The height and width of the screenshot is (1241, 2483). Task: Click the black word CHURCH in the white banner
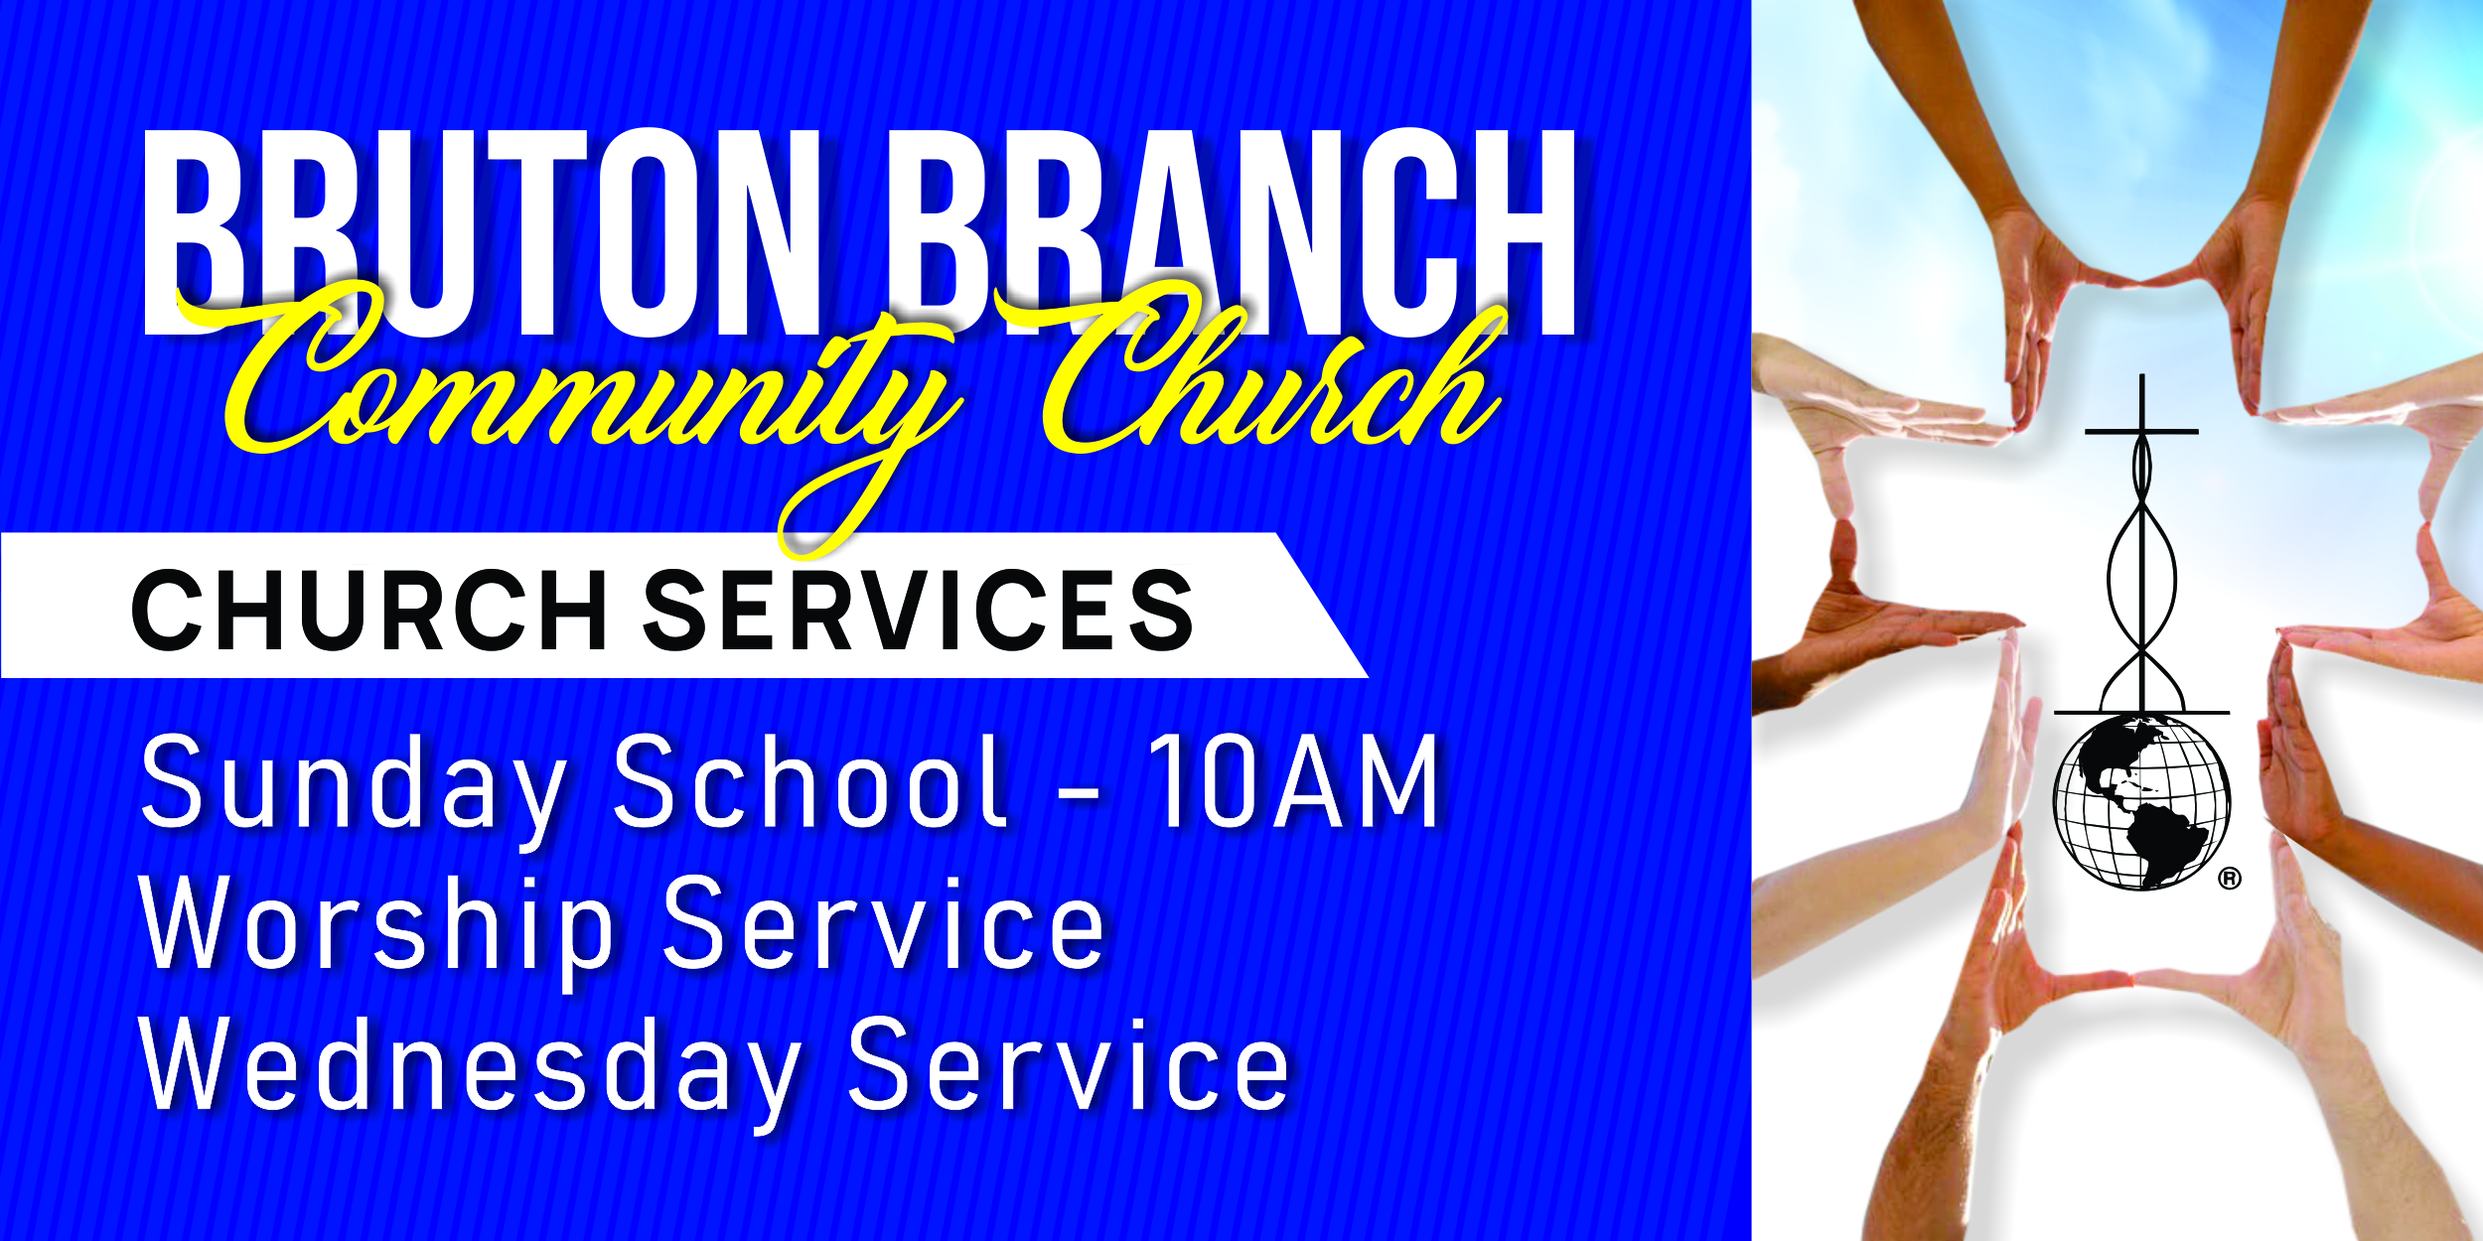pos(369,611)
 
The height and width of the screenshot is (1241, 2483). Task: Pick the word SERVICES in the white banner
pos(919,611)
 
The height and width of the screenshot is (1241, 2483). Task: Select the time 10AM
pos(1293,781)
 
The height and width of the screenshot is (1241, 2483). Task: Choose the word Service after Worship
pos(884,923)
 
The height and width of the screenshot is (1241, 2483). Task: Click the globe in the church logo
pos(2142,802)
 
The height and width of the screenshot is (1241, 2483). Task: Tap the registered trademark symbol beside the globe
pos(2230,878)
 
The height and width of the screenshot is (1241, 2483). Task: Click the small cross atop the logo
pos(2142,417)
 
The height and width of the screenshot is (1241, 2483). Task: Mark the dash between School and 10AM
pos(1079,793)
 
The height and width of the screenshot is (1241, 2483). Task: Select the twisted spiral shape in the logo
pos(2142,576)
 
